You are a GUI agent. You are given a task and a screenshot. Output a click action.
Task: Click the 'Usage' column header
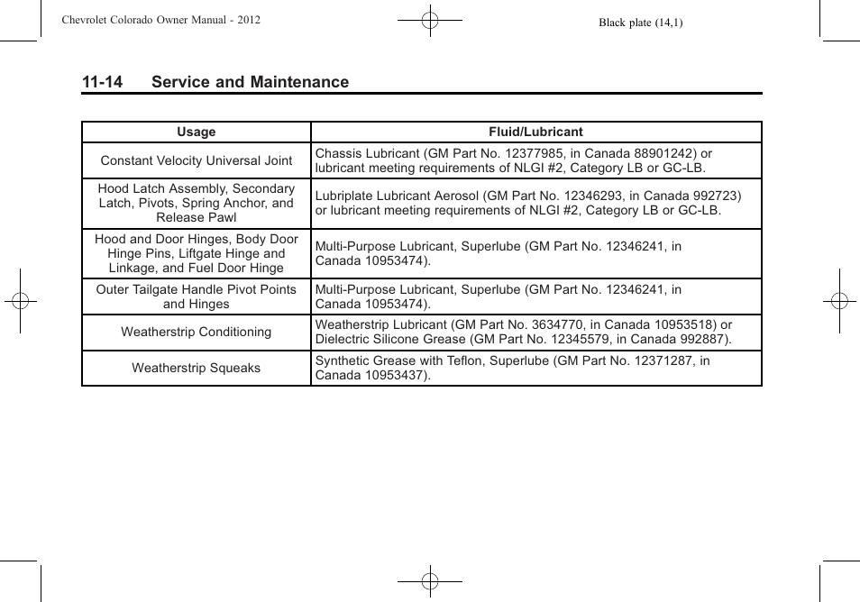click(196, 132)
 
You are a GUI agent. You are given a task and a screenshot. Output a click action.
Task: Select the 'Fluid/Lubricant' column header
click(535, 132)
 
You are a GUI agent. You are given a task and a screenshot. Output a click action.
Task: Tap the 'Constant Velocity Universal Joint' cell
click(196, 160)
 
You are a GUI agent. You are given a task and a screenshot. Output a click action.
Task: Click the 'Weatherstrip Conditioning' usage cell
click(196, 332)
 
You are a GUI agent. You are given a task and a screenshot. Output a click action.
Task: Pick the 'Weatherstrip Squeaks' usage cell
click(196, 368)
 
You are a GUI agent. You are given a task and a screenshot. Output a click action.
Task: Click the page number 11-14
click(102, 82)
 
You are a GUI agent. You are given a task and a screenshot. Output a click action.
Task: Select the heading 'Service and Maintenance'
click(250, 82)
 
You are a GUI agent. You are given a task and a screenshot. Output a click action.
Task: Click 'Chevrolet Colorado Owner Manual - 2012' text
click(160, 20)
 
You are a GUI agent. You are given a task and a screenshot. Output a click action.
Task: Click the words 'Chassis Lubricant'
click(367, 153)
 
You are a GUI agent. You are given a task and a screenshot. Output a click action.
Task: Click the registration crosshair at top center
click(430, 20)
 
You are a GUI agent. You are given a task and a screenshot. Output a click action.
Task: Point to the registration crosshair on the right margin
click(838, 301)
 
